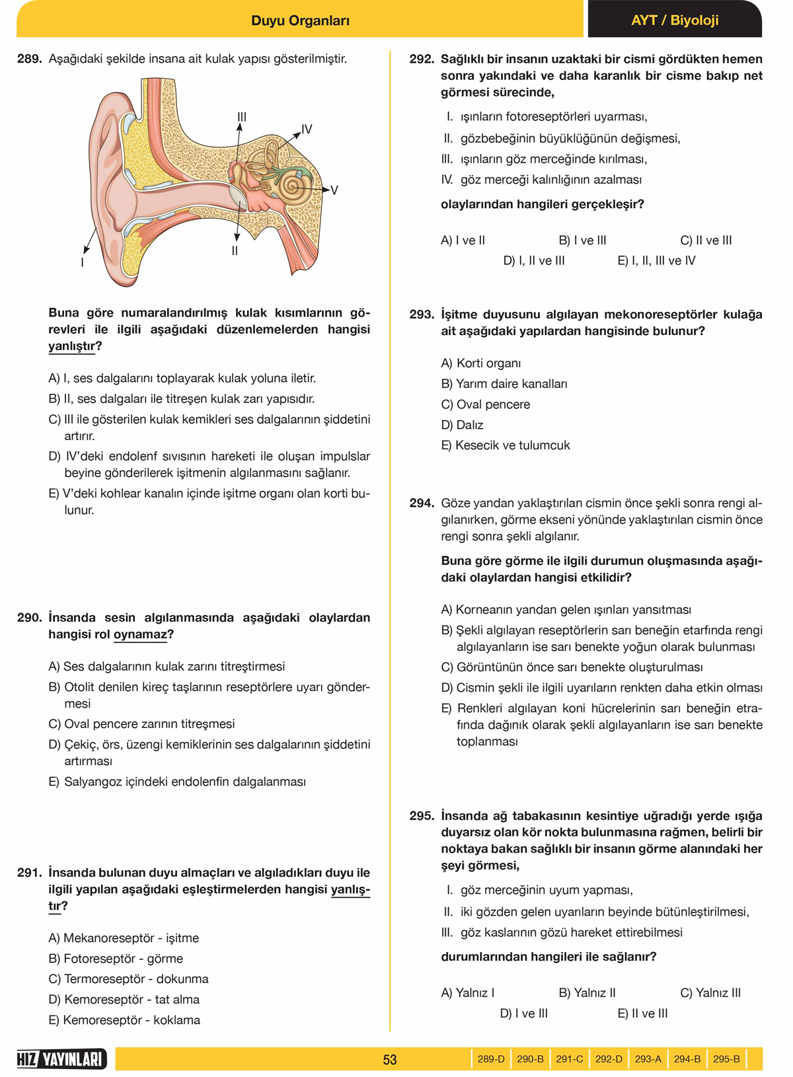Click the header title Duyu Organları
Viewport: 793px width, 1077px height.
(x=300, y=20)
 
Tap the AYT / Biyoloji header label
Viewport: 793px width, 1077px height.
(x=674, y=20)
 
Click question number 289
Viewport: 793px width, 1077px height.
(x=30, y=59)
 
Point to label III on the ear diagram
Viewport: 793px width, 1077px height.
(x=242, y=117)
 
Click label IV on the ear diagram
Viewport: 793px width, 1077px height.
(x=307, y=129)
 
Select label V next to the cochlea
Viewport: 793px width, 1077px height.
(x=334, y=190)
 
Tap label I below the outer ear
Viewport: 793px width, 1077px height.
(x=82, y=262)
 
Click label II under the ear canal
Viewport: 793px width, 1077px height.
(x=235, y=251)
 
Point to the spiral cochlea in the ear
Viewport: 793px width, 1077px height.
(x=292, y=186)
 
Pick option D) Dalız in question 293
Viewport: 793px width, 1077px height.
(x=463, y=425)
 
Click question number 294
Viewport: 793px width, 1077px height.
(x=422, y=503)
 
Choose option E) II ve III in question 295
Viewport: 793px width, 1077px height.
(x=642, y=1013)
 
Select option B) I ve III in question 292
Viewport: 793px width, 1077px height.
(x=582, y=241)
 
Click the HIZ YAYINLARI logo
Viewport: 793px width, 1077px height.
(x=61, y=1059)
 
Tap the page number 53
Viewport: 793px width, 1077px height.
(x=390, y=1060)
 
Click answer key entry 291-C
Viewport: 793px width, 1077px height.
(x=569, y=1059)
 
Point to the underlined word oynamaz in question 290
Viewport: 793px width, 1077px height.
(x=140, y=634)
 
